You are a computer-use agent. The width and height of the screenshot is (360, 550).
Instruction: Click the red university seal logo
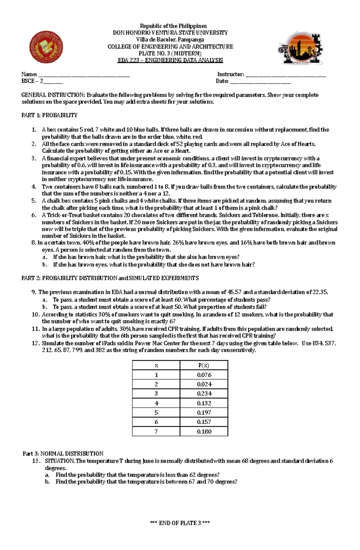click(46, 47)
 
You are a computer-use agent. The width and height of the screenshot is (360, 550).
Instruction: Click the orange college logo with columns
click(300, 49)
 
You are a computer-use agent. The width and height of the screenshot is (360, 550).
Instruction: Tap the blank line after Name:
click(84, 75)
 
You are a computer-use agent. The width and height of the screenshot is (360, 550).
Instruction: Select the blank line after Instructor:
click(285, 75)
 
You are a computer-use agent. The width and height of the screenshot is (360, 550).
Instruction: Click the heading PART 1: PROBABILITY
click(49, 115)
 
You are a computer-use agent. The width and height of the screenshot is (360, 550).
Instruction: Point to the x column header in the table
click(156, 365)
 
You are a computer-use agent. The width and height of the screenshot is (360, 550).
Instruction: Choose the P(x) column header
click(204, 365)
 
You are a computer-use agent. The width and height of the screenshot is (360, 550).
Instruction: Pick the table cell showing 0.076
click(204, 375)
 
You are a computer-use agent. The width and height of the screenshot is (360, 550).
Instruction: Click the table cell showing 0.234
click(204, 394)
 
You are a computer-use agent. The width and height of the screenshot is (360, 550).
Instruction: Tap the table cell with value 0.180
click(204, 432)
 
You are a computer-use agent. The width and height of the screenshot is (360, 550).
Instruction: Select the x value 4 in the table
click(156, 403)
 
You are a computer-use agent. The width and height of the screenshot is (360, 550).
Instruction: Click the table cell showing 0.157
click(204, 422)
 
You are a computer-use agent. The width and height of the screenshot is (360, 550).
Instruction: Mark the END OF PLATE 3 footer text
click(180, 523)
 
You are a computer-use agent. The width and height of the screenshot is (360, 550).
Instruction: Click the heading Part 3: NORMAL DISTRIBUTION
click(63, 453)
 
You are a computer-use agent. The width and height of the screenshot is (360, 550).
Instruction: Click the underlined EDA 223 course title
click(170, 60)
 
